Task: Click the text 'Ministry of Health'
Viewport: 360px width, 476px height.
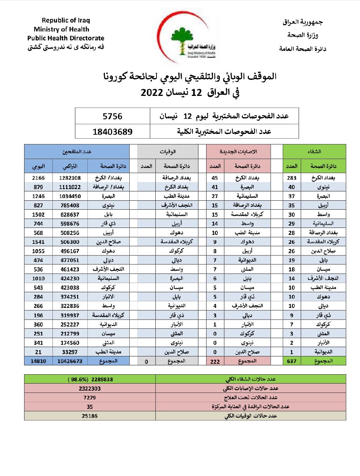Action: [x=61, y=29]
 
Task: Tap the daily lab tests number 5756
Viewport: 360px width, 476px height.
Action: [x=113, y=116]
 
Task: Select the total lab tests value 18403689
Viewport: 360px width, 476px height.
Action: [x=113, y=131]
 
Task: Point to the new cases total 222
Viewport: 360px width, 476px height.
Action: [x=215, y=361]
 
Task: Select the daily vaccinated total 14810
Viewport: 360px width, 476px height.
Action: [x=38, y=361]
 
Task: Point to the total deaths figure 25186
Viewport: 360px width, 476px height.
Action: [x=90, y=416]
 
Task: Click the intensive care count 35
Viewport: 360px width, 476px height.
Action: [x=90, y=407]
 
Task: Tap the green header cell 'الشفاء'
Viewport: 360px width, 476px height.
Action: [x=314, y=151]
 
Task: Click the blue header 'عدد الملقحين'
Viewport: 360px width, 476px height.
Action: [x=77, y=151]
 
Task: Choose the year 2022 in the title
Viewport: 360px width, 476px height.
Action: [x=153, y=93]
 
